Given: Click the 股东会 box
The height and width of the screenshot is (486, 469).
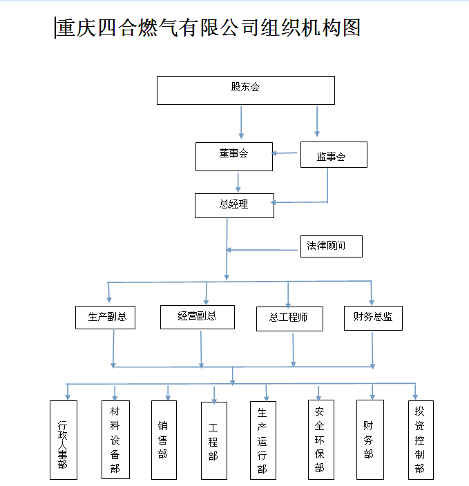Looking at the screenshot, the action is tap(246, 90).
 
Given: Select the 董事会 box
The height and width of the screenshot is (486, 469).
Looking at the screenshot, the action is tap(234, 157).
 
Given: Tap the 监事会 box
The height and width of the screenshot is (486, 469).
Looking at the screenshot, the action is tap(334, 155).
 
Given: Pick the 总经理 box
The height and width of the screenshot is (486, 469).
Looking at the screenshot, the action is tap(234, 206).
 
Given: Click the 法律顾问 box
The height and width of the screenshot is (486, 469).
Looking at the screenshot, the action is tap(332, 246).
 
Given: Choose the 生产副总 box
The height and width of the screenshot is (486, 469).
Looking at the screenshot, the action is tap(105, 318).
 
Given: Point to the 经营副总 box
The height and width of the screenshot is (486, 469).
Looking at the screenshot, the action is tap(198, 317).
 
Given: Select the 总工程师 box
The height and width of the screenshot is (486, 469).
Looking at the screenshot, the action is tap(289, 319).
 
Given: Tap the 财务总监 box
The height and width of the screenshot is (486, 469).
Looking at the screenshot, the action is tap(373, 318).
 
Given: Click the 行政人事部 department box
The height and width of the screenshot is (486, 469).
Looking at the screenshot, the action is tap(64, 440).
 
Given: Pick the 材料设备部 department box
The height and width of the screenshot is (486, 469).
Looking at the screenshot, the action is tap(115, 440).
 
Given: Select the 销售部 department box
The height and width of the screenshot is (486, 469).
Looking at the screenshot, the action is tap(164, 440).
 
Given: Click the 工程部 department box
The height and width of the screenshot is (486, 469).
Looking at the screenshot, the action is tap(213, 440).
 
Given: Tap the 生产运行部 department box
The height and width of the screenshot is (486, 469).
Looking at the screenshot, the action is tap(262, 440).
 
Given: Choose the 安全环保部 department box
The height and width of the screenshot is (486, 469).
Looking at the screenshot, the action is tap(320, 440).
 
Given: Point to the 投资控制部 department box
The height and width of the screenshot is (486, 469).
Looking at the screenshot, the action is tap(421, 440).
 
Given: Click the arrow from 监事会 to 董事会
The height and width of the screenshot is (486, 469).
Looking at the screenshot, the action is tap(284, 153).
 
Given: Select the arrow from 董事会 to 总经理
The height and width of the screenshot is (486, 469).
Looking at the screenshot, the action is tap(238, 182).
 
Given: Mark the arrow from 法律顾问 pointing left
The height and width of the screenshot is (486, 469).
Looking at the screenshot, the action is tap(262, 250).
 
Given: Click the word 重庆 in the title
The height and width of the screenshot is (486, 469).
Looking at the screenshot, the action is tap(76, 28).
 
